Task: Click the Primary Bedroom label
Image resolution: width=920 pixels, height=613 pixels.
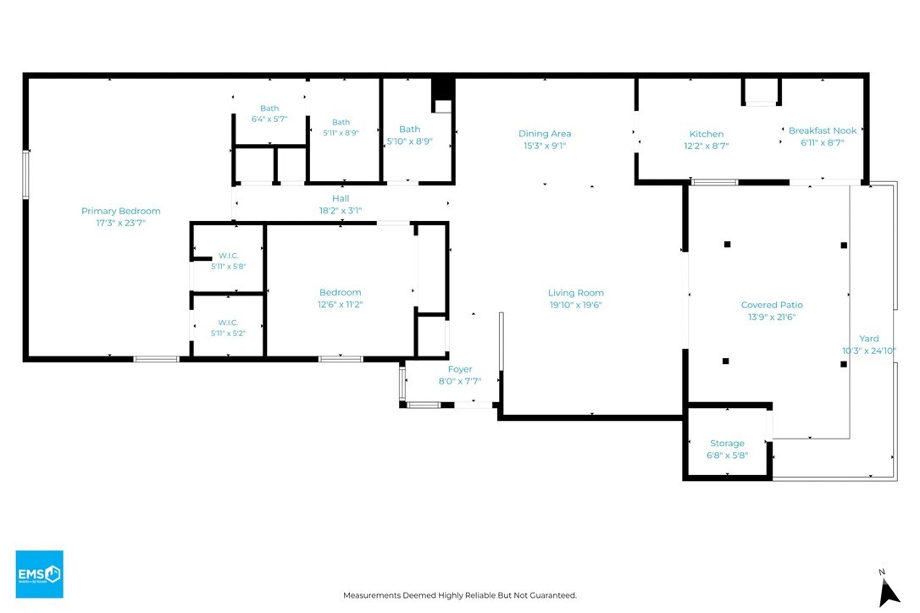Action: coord(121,211)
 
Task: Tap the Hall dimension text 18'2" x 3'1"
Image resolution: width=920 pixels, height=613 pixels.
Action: coord(341,211)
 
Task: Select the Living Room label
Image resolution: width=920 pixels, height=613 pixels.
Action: coord(575,293)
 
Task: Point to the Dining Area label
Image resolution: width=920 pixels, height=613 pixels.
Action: coord(545,134)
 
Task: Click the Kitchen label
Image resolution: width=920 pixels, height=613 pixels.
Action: coord(707,134)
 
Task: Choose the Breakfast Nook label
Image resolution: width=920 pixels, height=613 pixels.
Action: coord(823,130)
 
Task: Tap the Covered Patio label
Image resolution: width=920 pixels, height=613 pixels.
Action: coord(772,305)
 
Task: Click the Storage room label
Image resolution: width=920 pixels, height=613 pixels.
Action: coord(727,444)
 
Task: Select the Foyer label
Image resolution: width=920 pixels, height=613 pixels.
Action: coord(460,369)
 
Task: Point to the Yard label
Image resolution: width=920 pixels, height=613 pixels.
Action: coord(869,339)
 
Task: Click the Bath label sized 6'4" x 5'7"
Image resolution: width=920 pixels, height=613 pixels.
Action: coord(269,108)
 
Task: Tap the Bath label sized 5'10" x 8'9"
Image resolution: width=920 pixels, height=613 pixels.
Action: coord(409,129)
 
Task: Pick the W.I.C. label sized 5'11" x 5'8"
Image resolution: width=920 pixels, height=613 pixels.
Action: coord(228,256)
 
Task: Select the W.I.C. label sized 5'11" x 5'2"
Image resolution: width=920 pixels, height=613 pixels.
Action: coord(228,323)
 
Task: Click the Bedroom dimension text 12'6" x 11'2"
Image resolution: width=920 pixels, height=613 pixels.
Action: coord(341,305)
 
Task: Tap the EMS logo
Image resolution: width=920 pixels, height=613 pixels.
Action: coord(39,574)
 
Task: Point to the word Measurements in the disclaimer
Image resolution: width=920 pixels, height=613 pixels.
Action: coord(372,595)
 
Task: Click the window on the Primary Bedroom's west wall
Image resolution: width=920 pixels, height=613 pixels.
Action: coord(25,174)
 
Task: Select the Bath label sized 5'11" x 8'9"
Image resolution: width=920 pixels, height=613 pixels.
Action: coord(341,123)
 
